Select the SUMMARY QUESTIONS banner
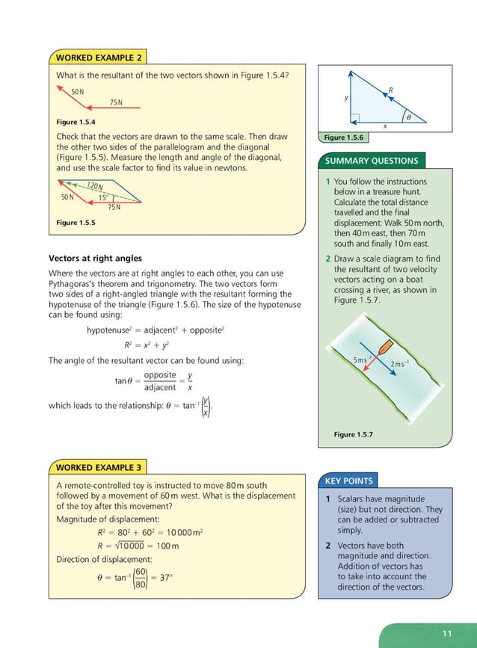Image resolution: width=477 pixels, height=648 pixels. point(372,161)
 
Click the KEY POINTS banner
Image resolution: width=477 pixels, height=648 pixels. point(349,480)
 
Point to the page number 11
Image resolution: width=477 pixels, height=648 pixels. point(447,634)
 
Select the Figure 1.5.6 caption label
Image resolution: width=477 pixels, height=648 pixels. point(343,138)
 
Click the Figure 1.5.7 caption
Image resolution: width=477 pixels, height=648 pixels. point(353,434)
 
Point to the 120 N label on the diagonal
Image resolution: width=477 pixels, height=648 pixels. point(95,186)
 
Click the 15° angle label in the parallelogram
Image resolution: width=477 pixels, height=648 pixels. point(103,198)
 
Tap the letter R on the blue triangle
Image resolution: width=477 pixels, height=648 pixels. point(390,90)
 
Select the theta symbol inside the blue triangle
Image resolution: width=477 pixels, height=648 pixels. point(408,116)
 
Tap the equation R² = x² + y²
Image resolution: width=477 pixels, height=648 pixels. point(149,345)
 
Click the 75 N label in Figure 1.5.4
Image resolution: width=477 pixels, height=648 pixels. point(115,102)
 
